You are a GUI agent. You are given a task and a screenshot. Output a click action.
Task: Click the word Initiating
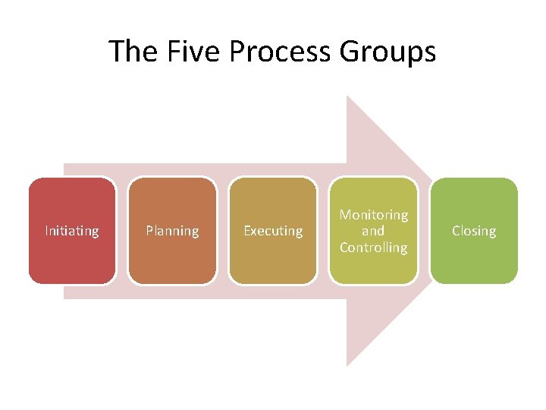pyautogui.click(x=72, y=231)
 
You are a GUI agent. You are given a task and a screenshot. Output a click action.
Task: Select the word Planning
pyautogui.click(x=172, y=231)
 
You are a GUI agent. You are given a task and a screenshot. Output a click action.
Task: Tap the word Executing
pyautogui.click(x=273, y=231)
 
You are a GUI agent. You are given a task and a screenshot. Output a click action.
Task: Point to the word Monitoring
pyautogui.click(x=373, y=216)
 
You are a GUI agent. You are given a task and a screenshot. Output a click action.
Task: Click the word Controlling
pyautogui.click(x=373, y=248)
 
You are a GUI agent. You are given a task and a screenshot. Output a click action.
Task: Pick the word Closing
pyautogui.click(x=474, y=231)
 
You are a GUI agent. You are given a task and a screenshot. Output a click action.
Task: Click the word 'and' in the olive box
pyautogui.click(x=373, y=231)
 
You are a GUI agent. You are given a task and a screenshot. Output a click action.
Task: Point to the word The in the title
pyautogui.click(x=131, y=52)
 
